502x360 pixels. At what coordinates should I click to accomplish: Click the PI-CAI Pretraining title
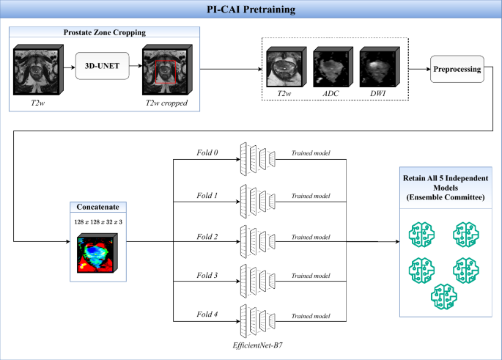251,10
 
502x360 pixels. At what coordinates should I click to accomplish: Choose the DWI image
376,66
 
